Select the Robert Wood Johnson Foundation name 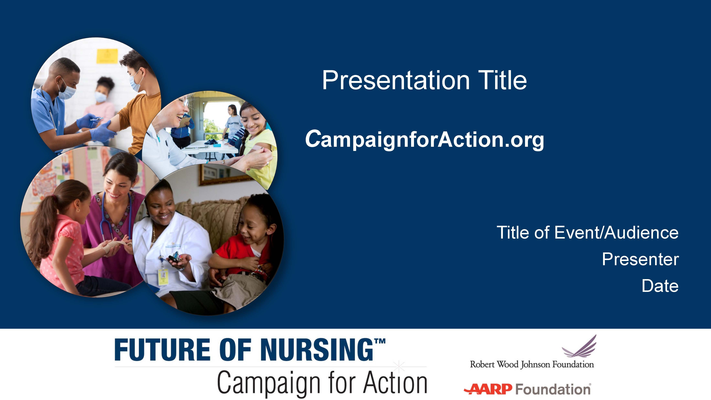click(x=532, y=364)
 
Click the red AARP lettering click(x=488, y=389)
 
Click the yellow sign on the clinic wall click(x=107, y=56)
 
